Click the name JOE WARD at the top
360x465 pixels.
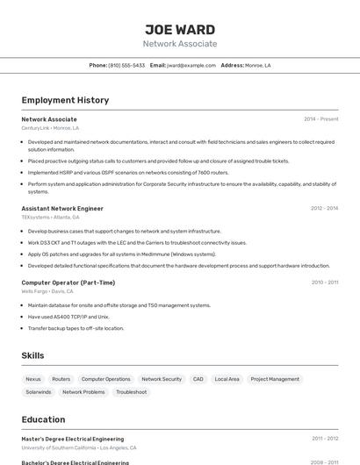coord(180,28)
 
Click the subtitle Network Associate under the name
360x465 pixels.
coord(180,43)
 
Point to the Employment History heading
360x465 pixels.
coord(65,100)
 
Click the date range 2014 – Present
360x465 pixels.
coord(320,119)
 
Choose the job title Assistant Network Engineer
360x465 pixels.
coord(62,209)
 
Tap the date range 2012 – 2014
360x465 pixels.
coord(324,209)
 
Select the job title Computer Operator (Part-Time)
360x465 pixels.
coord(68,283)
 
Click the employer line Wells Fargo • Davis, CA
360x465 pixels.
coord(47,290)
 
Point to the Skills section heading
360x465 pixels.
coord(33,355)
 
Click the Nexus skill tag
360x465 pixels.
coord(33,379)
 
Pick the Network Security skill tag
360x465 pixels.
coord(162,379)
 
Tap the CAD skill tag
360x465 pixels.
coord(198,379)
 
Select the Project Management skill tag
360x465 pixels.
coord(275,379)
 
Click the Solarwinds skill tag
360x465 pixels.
coord(39,392)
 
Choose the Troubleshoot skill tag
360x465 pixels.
coord(132,392)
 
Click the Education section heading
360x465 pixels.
coord(43,419)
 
